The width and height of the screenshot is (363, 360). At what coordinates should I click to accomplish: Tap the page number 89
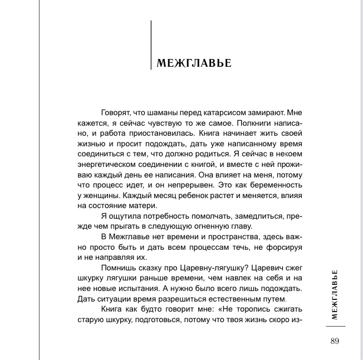pyautogui.click(x=334, y=341)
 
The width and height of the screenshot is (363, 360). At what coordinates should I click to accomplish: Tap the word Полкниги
pyautogui.click(x=252, y=123)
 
